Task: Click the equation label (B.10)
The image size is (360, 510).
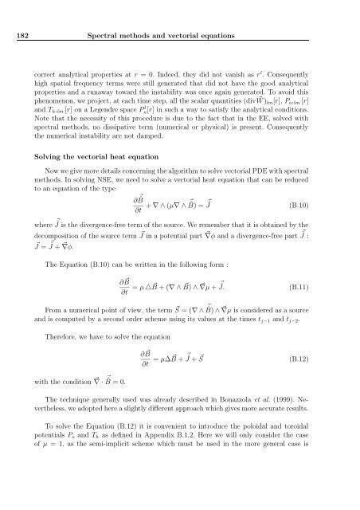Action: pyautogui.click(x=311, y=203)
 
